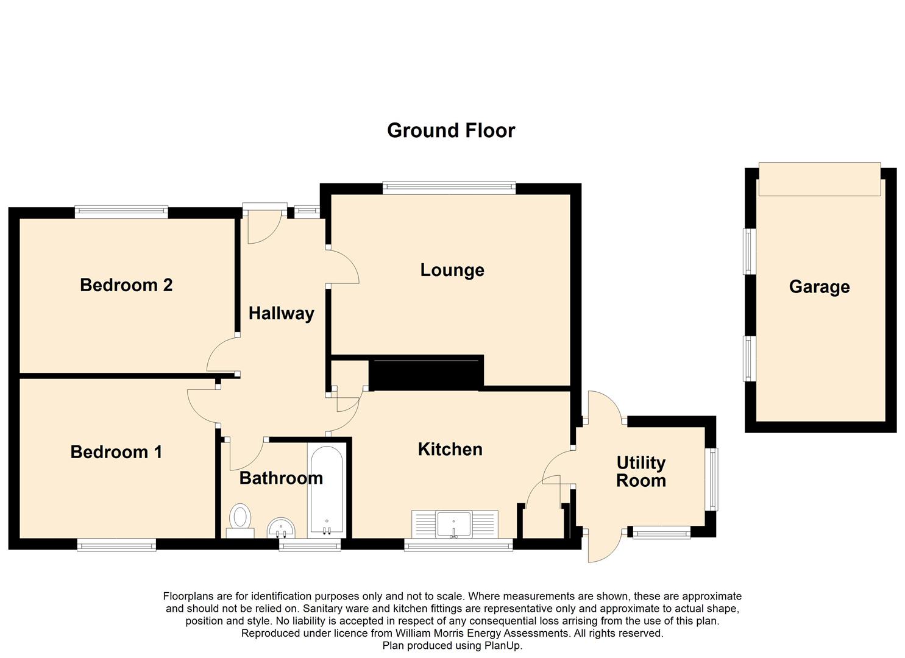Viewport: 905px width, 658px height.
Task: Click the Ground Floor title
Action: click(451, 130)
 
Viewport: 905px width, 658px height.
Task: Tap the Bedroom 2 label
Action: click(127, 285)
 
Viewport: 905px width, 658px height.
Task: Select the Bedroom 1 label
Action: click(116, 452)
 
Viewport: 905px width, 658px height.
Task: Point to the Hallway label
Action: click(281, 314)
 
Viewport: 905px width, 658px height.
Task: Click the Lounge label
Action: click(452, 271)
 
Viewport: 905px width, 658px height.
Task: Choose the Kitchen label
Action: click(450, 450)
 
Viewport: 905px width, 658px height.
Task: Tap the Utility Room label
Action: click(641, 472)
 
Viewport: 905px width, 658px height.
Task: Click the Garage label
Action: click(819, 287)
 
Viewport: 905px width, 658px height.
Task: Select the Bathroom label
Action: click(281, 478)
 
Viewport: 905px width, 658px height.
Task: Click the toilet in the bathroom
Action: click(240, 521)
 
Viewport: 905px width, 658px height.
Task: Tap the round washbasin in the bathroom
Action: click(282, 528)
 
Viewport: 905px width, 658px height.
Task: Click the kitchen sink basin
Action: click(454, 524)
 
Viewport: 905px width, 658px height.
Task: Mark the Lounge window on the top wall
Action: click(449, 188)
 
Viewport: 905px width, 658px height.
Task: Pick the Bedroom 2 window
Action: click(121, 212)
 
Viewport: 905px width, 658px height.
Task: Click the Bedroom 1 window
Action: click(117, 545)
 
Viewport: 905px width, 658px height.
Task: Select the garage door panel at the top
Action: click(820, 179)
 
